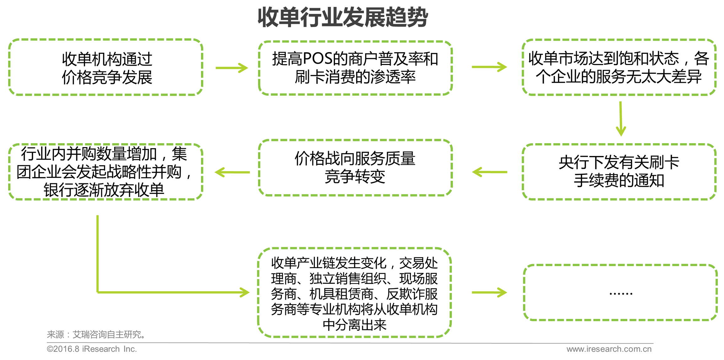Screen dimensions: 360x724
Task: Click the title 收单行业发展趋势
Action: tap(343, 17)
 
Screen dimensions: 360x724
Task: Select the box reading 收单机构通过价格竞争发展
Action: tap(106, 67)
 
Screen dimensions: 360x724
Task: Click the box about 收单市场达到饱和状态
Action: tap(619, 67)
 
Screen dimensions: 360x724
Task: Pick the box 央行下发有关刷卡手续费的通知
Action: tap(619, 172)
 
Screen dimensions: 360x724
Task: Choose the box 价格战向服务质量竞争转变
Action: tap(355, 168)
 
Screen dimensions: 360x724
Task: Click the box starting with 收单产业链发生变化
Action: tap(354, 293)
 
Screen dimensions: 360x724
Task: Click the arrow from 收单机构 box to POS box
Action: tap(232, 68)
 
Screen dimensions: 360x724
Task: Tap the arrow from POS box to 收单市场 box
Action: tap(489, 67)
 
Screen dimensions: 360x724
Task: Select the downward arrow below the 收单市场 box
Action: tap(621, 119)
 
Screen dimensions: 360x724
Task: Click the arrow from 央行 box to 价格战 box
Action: tap(490, 172)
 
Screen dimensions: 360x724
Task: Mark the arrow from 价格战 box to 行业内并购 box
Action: tap(232, 172)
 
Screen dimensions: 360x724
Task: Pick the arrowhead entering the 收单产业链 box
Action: tap(244, 292)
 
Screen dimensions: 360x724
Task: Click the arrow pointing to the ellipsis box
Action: tap(489, 293)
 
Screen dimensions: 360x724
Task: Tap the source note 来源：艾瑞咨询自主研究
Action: tap(96, 335)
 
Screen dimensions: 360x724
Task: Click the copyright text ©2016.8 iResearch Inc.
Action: tap(92, 349)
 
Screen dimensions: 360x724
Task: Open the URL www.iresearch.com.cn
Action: tap(609, 349)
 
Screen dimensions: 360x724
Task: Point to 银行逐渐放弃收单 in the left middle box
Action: tap(104, 190)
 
